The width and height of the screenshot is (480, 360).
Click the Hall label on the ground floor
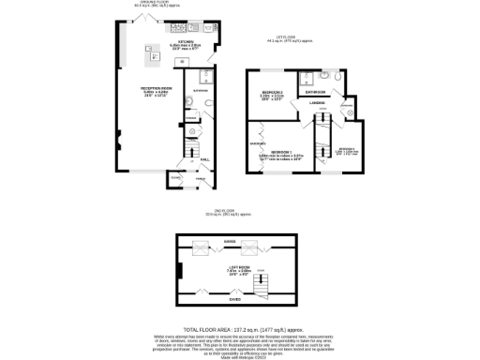[205, 159]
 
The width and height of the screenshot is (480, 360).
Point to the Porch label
[200, 178]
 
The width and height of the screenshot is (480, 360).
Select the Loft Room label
[238, 272]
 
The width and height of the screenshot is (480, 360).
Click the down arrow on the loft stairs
[262, 281]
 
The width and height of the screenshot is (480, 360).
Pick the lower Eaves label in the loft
[234, 300]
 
